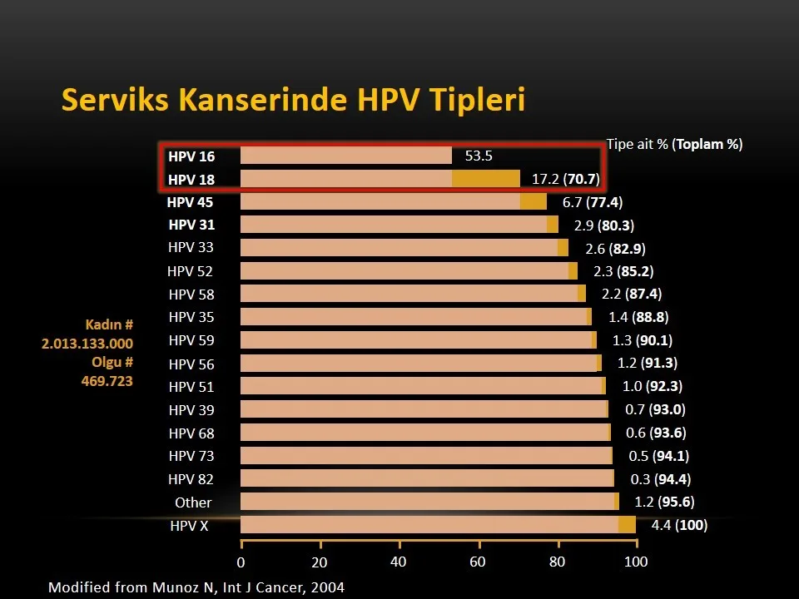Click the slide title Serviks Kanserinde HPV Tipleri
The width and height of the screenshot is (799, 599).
tap(293, 100)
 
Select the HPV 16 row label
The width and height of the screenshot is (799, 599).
tap(191, 156)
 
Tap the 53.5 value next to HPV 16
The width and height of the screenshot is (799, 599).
tap(479, 156)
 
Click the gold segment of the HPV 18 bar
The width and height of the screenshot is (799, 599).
tap(485, 179)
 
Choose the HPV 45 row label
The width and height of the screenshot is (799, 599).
tap(190, 202)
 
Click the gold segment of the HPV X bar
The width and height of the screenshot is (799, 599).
tap(627, 524)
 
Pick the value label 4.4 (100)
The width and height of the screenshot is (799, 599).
tap(679, 525)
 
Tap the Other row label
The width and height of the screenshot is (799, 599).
tap(193, 502)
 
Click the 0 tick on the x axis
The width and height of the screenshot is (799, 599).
tap(241, 562)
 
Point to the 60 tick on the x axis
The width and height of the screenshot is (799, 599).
tap(477, 562)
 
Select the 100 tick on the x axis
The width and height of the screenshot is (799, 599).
tap(636, 562)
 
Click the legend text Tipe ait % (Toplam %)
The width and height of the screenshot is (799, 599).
tap(674, 144)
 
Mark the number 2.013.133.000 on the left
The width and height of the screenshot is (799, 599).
tap(87, 343)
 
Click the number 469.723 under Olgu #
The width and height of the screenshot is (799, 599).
tap(107, 381)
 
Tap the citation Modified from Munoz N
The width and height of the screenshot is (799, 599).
tap(196, 587)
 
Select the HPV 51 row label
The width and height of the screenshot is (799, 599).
tap(191, 387)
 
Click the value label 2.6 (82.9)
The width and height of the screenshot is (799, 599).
tap(615, 249)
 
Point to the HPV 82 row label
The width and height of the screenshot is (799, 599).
tap(191, 479)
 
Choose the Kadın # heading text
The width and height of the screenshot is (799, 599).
tap(109, 324)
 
